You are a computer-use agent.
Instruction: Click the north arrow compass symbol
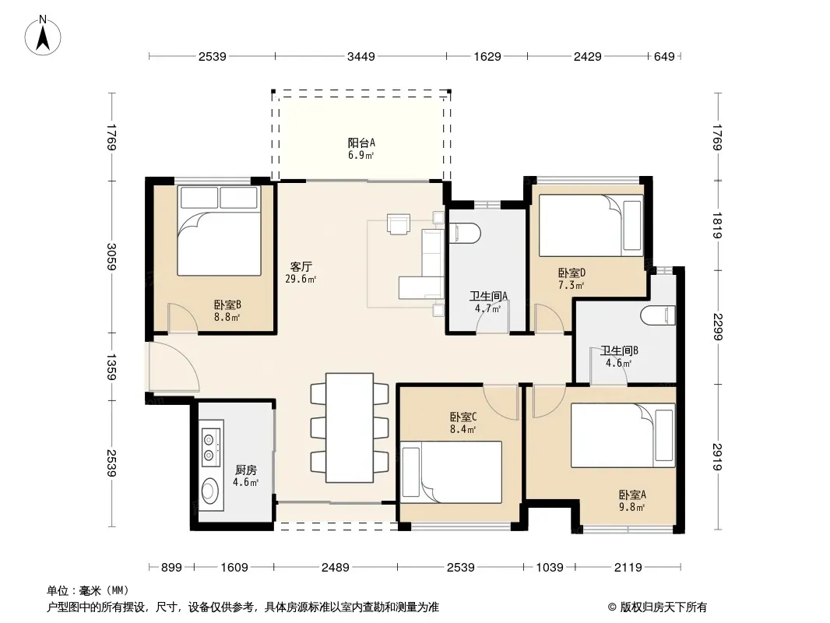[x=43, y=35]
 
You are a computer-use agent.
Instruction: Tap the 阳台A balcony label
[x=361, y=143]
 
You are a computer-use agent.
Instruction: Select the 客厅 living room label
[x=301, y=266]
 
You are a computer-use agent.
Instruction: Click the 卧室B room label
[x=227, y=305]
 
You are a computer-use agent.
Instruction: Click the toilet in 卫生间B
[x=658, y=316]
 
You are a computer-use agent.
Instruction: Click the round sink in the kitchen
[x=211, y=490]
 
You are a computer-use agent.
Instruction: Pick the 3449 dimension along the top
[x=361, y=56]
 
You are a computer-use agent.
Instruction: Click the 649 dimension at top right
[x=664, y=56]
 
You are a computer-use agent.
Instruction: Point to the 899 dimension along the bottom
[x=171, y=568]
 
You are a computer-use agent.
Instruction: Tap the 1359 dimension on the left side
[x=111, y=367]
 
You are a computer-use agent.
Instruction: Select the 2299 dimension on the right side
[x=718, y=326]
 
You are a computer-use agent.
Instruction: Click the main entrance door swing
[x=173, y=367]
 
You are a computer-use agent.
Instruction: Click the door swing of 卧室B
[x=183, y=318]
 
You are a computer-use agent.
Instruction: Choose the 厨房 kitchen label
[x=246, y=470]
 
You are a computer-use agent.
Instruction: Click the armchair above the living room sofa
[x=399, y=224]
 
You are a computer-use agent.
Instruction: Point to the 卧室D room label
[x=572, y=273]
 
